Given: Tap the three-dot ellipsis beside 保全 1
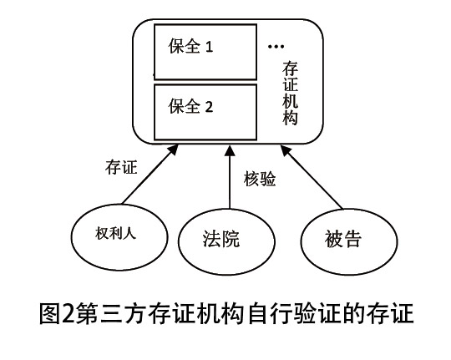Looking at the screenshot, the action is (x=276, y=46).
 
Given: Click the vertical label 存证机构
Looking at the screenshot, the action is (x=290, y=93).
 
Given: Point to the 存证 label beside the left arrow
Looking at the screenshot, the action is (x=121, y=167).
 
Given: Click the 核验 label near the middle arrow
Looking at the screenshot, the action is (x=260, y=179).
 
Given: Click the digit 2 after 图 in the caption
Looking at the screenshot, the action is (x=68, y=312).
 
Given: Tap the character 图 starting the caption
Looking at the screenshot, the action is (x=50, y=312).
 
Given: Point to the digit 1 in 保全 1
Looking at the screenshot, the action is (x=209, y=47).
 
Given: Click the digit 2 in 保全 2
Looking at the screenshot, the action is (x=209, y=107).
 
